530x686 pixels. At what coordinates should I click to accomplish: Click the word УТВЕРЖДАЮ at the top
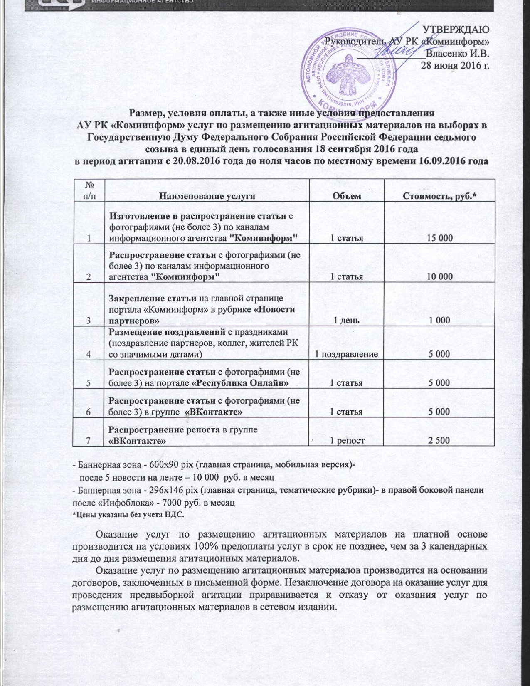456,30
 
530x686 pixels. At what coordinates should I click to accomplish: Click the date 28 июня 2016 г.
455,65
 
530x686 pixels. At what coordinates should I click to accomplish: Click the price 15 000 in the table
439,238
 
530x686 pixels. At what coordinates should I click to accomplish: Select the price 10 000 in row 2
439,276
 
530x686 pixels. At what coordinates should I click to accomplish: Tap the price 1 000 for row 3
439,320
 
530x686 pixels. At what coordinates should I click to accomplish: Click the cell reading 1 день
347,320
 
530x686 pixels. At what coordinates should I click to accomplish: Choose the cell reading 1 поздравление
346,354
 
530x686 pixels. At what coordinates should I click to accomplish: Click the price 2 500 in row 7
439,440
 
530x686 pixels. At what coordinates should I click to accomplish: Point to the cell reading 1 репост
347,440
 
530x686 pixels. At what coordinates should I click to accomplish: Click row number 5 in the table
89,383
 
